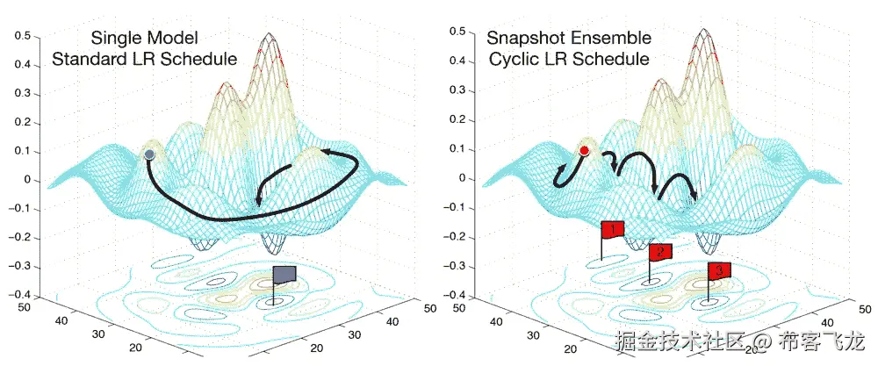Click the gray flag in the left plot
[285, 275]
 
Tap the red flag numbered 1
[613, 230]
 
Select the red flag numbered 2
[660, 252]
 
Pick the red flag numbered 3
[719, 270]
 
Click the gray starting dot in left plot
[149, 154]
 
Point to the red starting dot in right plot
[584, 151]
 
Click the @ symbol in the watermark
[760, 341]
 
